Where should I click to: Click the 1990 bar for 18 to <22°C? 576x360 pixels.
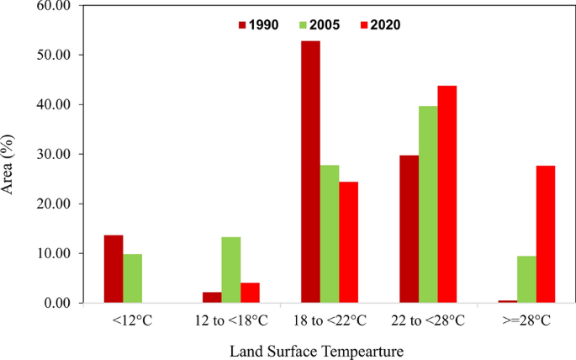coord(310,172)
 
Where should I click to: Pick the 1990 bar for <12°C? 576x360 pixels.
coord(113,269)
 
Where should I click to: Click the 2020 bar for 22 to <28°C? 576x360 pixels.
coord(447,194)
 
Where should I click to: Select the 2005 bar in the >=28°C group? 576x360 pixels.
coord(526,279)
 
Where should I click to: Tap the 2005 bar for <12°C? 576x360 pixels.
coord(132,278)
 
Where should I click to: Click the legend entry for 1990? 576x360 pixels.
coord(261,24)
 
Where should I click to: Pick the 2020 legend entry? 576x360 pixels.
coord(376,24)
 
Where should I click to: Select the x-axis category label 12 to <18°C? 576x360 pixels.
coord(230,320)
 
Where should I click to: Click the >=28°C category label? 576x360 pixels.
coord(526,320)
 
